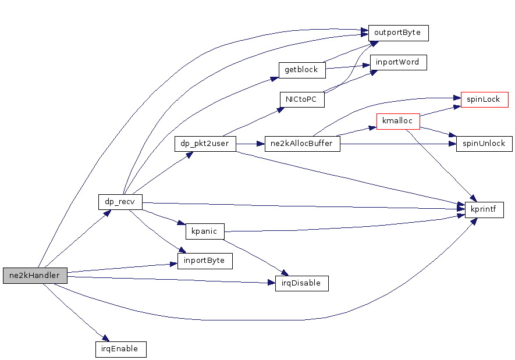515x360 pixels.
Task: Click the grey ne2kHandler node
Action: (x=35, y=276)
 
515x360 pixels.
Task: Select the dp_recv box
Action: (x=120, y=202)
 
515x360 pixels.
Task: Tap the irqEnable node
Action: (x=120, y=349)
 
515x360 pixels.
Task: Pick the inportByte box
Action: (x=204, y=261)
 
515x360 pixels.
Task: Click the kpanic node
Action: (x=204, y=231)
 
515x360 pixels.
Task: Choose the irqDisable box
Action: (x=301, y=283)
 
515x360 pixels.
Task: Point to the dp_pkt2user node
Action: (x=205, y=144)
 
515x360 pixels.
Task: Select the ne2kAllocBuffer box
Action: (x=302, y=144)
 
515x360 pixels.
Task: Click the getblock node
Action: (x=301, y=70)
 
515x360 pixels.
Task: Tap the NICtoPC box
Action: (x=301, y=99)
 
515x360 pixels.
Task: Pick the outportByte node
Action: (x=398, y=33)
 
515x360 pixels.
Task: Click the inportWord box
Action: (x=398, y=62)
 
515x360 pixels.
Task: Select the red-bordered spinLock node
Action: (x=484, y=99)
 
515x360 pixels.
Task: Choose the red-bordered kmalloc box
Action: (x=398, y=122)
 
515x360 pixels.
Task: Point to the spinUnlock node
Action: (x=484, y=144)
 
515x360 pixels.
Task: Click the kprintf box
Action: (x=484, y=210)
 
